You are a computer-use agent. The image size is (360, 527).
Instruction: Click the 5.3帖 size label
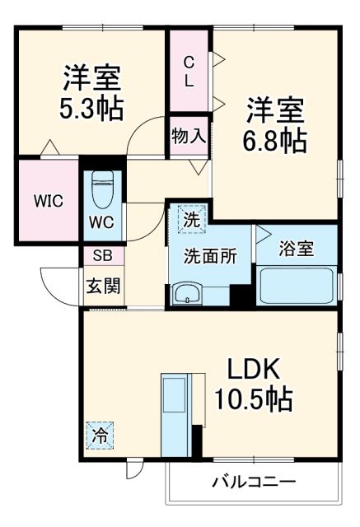pyautogui.click(x=91, y=109)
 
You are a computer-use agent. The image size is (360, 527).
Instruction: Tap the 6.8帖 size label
pyautogui.click(x=274, y=140)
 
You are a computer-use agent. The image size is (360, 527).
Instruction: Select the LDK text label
pyautogui.click(x=252, y=368)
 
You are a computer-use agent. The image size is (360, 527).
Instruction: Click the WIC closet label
pyautogui.click(x=47, y=202)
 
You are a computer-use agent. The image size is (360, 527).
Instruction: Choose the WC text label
pyautogui.click(x=102, y=222)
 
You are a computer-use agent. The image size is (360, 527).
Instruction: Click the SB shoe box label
pyautogui.click(x=102, y=256)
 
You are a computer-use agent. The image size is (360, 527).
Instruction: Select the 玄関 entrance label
pyautogui.click(x=103, y=287)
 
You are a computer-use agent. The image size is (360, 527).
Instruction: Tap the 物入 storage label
pyautogui.click(x=188, y=134)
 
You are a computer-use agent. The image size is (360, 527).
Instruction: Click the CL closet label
pyautogui.click(x=189, y=71)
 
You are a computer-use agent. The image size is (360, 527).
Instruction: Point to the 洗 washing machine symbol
pyautogui.click(x=190, y=220)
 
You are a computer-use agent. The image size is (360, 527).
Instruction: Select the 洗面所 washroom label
pyautogui.click(x=209, y=255)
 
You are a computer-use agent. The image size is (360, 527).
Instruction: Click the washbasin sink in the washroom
pyautogui.click(x=188, y=292)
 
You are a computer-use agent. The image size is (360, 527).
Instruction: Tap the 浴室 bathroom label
pyautogui.click(x=296, y=249)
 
